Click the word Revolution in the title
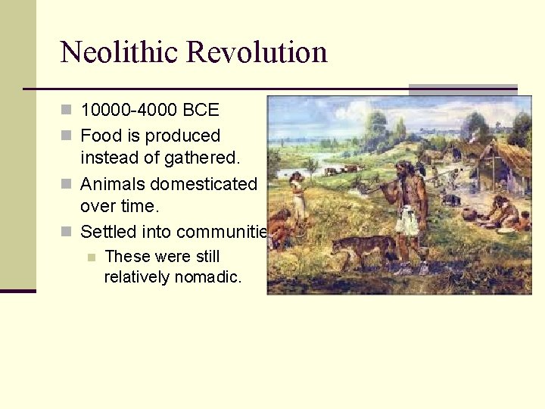click(257, 52)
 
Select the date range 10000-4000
click(129, 111)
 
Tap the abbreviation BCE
click(201, 111)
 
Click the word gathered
click(203, 158)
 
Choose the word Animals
click(115, 184)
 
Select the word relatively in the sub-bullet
click(137, 277)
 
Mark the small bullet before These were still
click(92, 257)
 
